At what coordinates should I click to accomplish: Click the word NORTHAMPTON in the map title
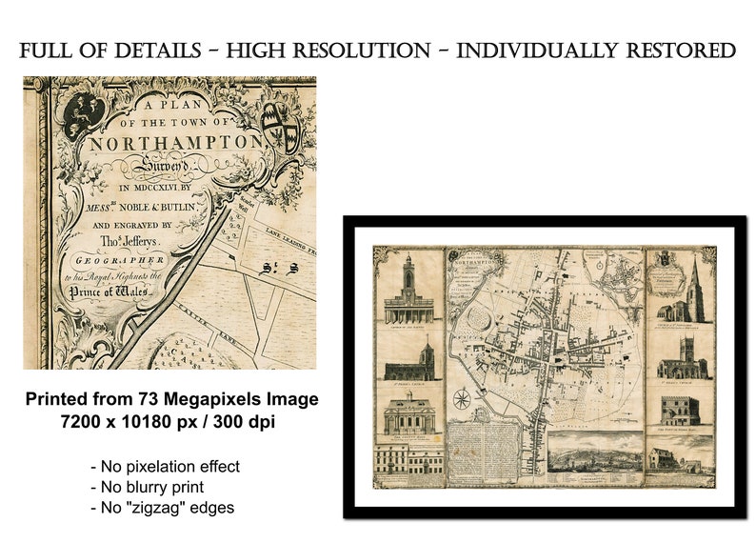click(176, 143)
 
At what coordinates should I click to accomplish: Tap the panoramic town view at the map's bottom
click(596, 456)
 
